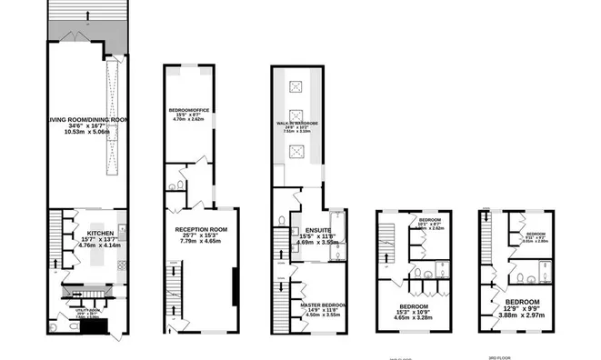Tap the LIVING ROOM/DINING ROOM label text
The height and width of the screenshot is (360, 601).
86,118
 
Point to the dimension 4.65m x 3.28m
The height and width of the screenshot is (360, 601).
414,318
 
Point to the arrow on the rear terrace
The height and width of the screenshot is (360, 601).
86,13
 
